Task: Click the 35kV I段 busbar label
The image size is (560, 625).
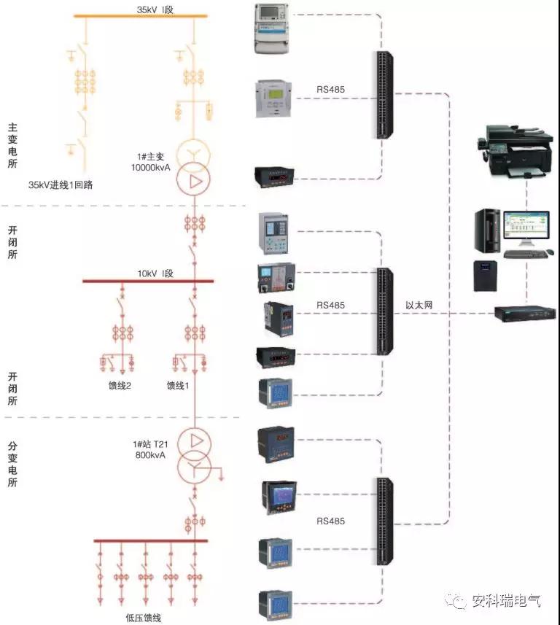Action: tap(155, 9)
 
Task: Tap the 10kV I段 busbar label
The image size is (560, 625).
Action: tap(155, 273)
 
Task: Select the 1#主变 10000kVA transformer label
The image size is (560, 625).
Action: tap(151, 162)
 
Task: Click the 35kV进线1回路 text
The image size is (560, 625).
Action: tap(61, 185)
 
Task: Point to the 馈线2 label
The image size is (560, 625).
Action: tap(120, 386)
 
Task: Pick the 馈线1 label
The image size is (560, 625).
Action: tap(178, 386)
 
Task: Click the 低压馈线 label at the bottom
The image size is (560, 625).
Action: tap(144, 618)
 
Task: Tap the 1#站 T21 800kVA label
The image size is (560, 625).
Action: tap(150, 450)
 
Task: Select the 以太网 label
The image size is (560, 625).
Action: tap(419, 306)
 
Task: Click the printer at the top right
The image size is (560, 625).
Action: tap(516, 151)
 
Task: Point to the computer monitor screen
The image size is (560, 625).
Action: tap(526, 225)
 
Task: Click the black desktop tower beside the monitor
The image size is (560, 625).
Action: tap(487, 230)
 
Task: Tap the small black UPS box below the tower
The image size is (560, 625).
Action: tap(485, 276)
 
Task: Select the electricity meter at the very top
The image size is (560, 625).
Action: tap(271, 28)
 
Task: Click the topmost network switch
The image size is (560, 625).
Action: tap(384, 95)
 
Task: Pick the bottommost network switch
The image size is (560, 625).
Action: tap(384, 521)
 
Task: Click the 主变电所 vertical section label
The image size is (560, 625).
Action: tap(12, 145)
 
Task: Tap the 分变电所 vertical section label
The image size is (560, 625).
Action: tap(12, 464)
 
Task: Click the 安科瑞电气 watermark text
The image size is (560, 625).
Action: tap(506, 601)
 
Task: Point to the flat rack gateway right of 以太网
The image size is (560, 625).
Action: tap(525, 313)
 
